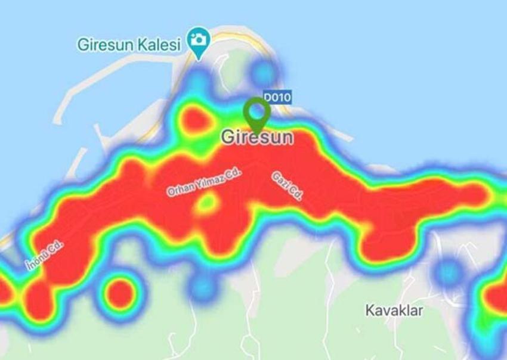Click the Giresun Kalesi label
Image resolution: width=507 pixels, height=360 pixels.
129,45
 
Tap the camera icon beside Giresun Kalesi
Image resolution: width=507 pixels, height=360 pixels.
197,40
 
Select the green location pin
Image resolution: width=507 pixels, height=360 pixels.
257,112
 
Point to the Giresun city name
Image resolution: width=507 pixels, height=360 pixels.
257,137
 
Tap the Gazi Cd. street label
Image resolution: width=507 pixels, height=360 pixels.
286,185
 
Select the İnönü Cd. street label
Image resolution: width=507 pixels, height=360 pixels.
44,255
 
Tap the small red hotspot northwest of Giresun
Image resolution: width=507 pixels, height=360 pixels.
193,119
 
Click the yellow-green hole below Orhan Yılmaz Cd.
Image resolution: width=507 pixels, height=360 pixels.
207,203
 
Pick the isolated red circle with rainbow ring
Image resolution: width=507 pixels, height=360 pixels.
119,292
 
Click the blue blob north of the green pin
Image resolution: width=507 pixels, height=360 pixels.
263,72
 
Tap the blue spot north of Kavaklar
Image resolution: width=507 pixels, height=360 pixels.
447,272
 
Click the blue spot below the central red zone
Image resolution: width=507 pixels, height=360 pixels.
203,287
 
